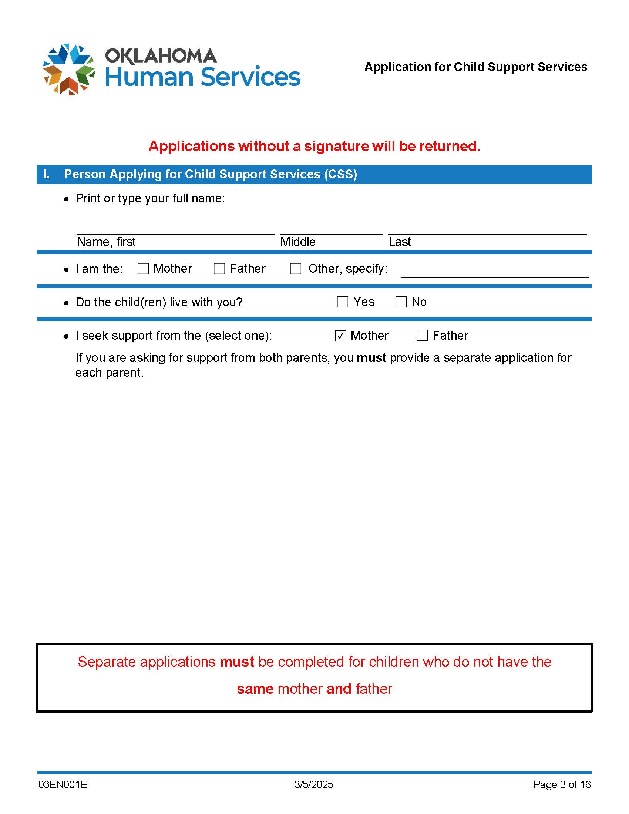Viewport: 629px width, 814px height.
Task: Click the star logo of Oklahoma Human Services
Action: click(68, 69)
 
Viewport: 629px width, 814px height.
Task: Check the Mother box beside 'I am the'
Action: click(143, 269)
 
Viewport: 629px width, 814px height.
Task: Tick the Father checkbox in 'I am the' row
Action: click(219, 269)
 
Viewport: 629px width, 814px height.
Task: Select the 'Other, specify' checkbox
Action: click(296, 269)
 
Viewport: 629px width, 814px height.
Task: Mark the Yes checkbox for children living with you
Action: click(343, 302)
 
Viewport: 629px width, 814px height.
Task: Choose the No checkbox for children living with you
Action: click(401, 302)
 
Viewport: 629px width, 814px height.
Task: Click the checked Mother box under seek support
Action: click(340, 336)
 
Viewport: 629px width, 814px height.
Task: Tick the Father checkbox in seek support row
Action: click(422, 336)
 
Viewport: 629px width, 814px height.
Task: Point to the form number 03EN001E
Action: click(63, 784)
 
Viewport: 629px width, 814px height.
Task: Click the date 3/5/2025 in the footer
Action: click(314, 784)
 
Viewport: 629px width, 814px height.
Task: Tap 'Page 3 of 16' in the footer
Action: click(562, 784)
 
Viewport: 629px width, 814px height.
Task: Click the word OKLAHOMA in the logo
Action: click(161, 56)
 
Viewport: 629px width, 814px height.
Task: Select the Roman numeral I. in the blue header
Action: click(47, 174)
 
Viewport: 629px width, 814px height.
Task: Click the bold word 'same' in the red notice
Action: click(255, 689)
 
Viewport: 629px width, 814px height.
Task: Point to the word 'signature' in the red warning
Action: click(336, 146)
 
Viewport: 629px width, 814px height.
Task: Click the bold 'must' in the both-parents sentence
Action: click(371, 358)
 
